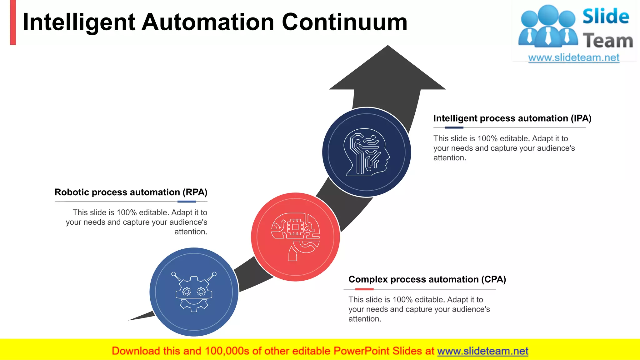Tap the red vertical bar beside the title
click(13, 22)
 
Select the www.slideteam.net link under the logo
click(574, 58)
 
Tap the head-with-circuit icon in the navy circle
click(367, 152)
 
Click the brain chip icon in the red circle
click(295, 237)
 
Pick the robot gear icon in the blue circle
click(194, 292)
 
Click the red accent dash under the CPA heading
click(364, 289)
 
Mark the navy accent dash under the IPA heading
click(454, 127)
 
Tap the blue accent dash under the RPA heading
click(187, 202)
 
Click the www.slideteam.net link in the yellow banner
click(482, 351)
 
